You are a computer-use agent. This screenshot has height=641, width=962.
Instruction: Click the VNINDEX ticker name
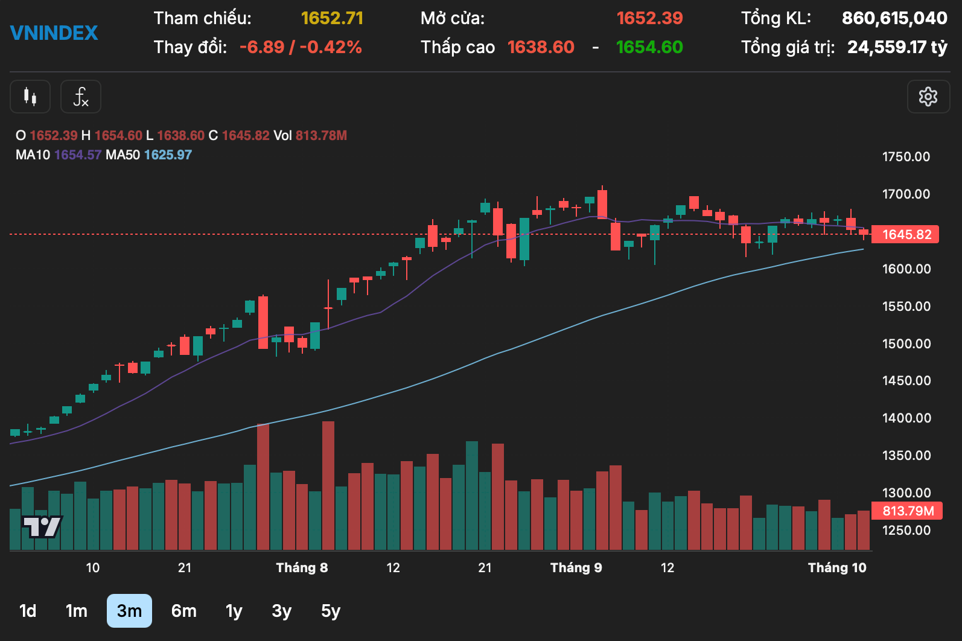pos(54,33)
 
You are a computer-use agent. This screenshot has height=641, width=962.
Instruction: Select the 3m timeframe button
pos(129,611)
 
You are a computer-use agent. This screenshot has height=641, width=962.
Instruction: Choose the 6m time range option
pos(183,611)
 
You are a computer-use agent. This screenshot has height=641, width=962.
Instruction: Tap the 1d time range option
pos(28,611)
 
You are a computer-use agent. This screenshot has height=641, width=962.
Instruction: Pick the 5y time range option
pos(330,611)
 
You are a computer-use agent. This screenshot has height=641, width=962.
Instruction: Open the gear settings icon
pos(928,97)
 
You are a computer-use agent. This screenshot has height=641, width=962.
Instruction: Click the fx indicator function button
pos(80,97)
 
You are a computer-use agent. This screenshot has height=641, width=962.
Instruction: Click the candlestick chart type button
pos(30,97)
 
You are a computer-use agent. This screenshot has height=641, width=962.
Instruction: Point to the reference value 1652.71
pos(332,18)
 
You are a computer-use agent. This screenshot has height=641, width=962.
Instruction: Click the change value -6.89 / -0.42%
pos(301,47)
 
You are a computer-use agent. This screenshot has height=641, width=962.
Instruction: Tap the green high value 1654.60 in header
pos(649,47)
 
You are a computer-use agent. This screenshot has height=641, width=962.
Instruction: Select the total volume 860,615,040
pos(894,18)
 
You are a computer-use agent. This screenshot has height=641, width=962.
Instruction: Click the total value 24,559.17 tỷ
pos(897,47)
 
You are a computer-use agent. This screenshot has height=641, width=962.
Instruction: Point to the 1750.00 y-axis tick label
pos(906,157)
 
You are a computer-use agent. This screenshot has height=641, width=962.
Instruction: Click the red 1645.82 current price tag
pos(905,234)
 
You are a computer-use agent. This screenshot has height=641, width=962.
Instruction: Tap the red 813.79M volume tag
pos(907,511)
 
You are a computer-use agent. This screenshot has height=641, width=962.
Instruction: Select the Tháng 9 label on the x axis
pos(576,567)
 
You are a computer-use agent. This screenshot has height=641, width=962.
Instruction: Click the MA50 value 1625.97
pos(168,155)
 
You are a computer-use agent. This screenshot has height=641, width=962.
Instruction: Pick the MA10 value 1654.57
pos(78,155)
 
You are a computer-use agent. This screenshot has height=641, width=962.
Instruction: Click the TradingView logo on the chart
pos(42,526)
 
